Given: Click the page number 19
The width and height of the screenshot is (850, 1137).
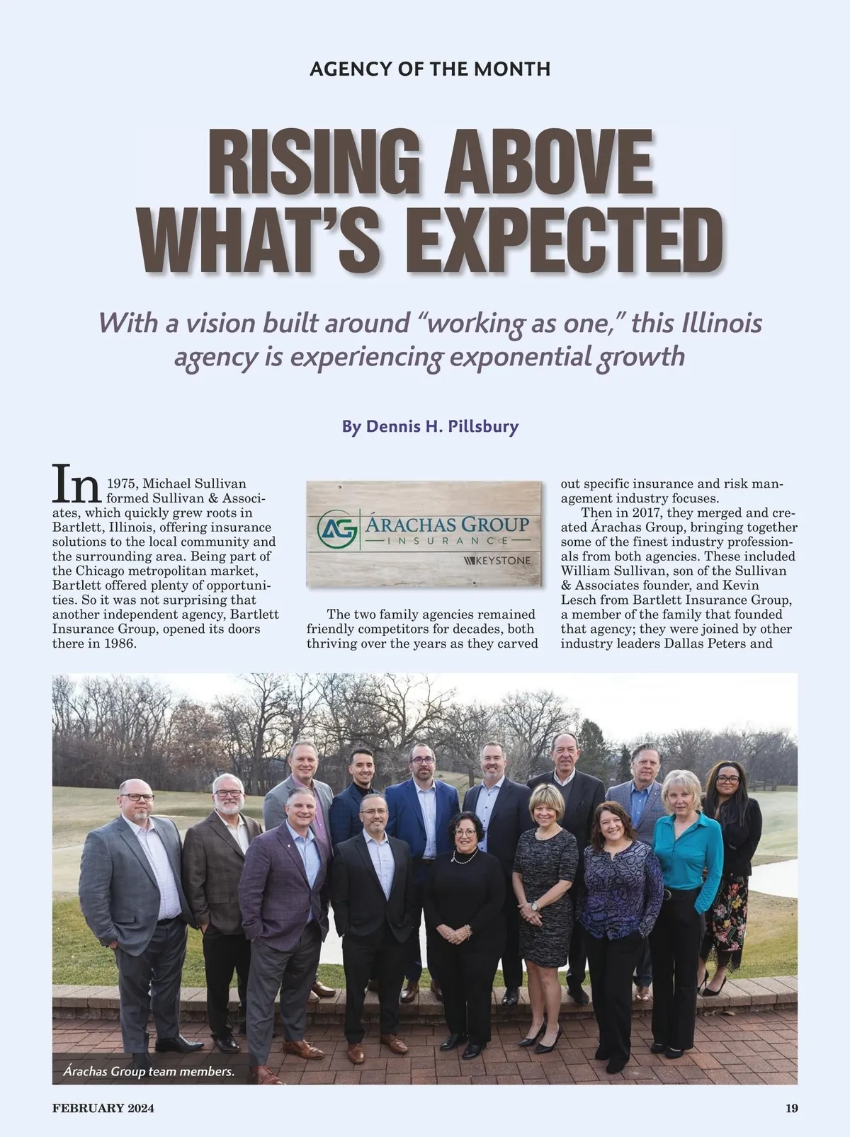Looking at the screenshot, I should [791, 1108].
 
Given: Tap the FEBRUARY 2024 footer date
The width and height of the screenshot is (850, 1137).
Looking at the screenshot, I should [103, 1108].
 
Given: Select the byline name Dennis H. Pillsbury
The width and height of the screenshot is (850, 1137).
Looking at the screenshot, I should [442, 427].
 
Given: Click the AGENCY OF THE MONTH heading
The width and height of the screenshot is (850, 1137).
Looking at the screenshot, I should [430, 69].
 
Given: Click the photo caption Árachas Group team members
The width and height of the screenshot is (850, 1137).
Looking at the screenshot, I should [149, 1071].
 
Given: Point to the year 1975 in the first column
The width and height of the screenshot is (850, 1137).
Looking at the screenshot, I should [122, 484].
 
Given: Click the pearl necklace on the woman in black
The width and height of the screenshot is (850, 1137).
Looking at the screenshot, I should [464, 859].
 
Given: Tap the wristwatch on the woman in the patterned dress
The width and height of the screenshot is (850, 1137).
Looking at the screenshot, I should [535, 906].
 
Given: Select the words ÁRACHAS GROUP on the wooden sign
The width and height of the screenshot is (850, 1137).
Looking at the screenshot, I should [446, 525].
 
